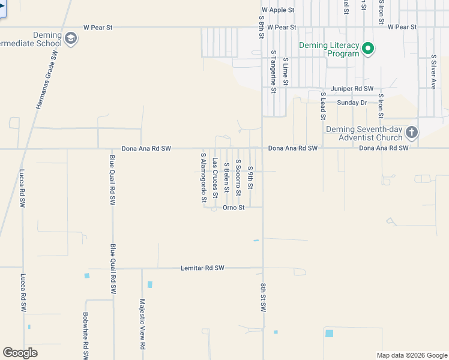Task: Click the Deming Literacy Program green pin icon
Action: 369,49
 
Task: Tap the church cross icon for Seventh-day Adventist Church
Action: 411,132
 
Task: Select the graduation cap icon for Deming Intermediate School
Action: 71,40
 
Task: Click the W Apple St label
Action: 278,10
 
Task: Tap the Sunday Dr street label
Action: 352,103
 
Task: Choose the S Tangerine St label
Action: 273,71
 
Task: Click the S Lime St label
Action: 286,71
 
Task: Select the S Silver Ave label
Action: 433,72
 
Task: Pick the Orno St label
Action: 234,208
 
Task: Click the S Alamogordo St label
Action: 203,177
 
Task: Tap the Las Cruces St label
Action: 215,178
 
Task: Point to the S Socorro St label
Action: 238,175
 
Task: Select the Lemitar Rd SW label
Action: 202,268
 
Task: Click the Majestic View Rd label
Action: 142,325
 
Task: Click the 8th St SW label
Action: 263,298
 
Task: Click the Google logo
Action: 20,353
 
